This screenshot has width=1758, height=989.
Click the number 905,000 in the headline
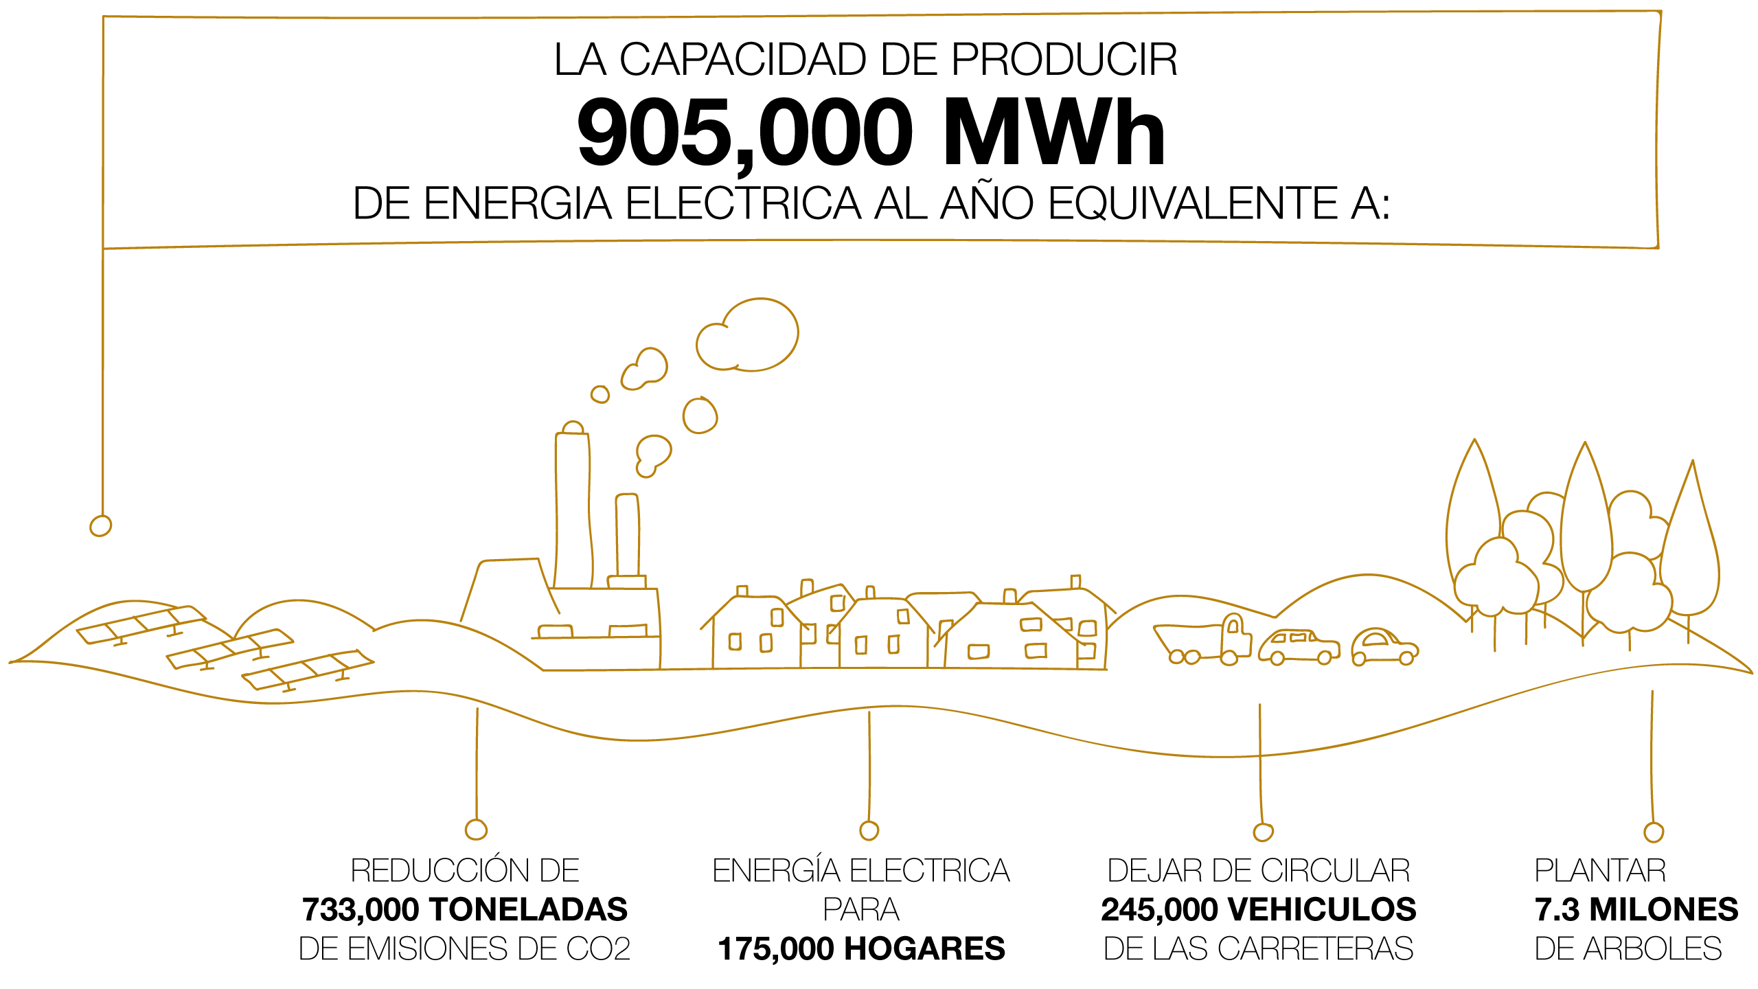coord(745,133)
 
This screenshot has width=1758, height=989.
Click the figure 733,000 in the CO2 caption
coord(361,910)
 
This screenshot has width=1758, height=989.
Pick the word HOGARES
coord(924,949)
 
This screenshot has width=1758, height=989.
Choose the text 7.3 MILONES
coord(1636,909)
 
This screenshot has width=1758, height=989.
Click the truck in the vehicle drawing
coord(1202,640)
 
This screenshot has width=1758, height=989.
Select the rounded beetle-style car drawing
coord(1384,647)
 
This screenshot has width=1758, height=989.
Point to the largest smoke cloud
coord(746,334)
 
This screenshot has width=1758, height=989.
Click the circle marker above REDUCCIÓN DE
coord(476,830)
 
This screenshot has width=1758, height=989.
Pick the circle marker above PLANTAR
coord(1654,832)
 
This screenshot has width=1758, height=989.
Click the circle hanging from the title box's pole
coord(100,525)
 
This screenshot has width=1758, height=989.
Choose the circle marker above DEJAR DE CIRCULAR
coord(1263,832)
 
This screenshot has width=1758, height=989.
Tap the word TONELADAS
coord(528,909)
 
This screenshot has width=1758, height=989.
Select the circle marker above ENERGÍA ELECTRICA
coord(869,830)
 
